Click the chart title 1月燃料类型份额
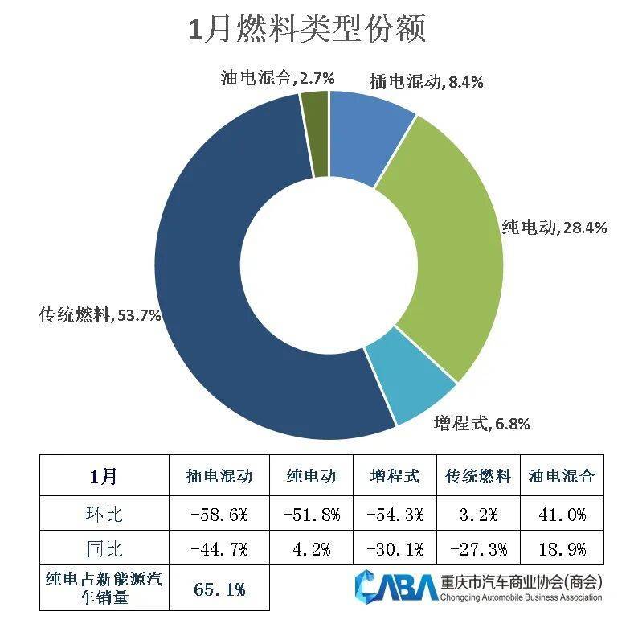coord(306,30)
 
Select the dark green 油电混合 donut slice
coord(316,133)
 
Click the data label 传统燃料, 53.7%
coord(100,315)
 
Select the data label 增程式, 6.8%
coord(481,423)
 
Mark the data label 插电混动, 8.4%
coord(425,81)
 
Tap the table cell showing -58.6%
coord(219,514)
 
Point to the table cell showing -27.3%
coord(477,550)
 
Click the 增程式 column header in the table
coord(395,476)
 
